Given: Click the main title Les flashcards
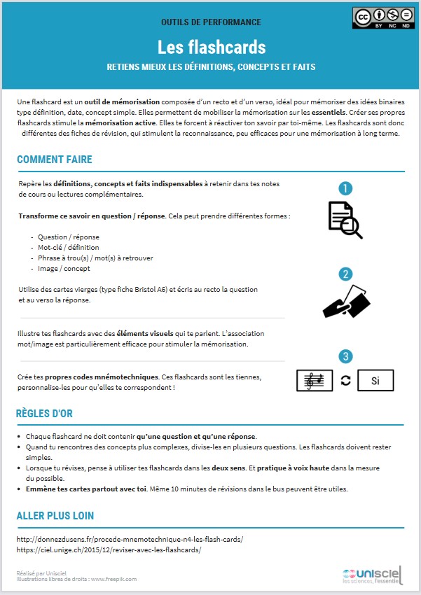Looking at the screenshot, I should (x=211, y=47).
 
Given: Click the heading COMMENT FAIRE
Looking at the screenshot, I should (x=55, y=160).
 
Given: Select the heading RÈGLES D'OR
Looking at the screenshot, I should (x=44, y=414).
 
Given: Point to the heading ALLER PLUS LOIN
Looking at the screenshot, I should (x=55, y=516).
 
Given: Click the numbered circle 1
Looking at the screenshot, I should (x=345, y=188).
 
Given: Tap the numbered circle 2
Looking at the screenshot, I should (x=345, y=274).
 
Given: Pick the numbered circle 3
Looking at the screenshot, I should (x=345, y=358).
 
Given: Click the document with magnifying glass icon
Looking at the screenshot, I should (x=345, y=219).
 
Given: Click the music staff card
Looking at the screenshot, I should (x=315, y=380).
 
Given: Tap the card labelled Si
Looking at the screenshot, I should (x=375, y=380).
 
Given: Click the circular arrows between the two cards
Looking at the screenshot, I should (x=345, y=380).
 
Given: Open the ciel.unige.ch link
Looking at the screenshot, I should (x=109, y=550).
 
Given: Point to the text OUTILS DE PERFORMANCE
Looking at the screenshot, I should (x=211, y=22).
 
